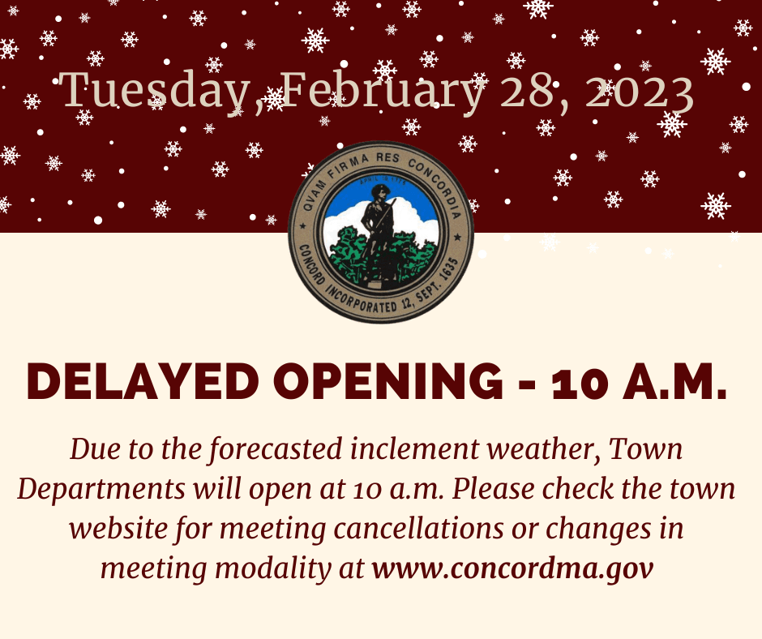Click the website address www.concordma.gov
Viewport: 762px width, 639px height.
(512, 568)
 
